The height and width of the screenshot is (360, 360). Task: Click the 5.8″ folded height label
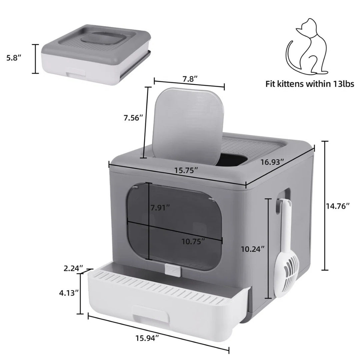pyautogui.click(x=14, y=58)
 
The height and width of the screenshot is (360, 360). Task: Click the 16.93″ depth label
pyautogui.click(x=272, y=162)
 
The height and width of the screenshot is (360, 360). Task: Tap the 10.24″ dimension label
pyautogui.click(x=254, y=248)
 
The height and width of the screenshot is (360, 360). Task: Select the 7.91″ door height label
pyautogui.click(x=160, y=208)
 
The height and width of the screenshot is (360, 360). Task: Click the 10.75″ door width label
pyautogui.click(x=193, y=241)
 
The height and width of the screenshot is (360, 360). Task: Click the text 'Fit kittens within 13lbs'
pyautogui.click(x=310, y=84)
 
